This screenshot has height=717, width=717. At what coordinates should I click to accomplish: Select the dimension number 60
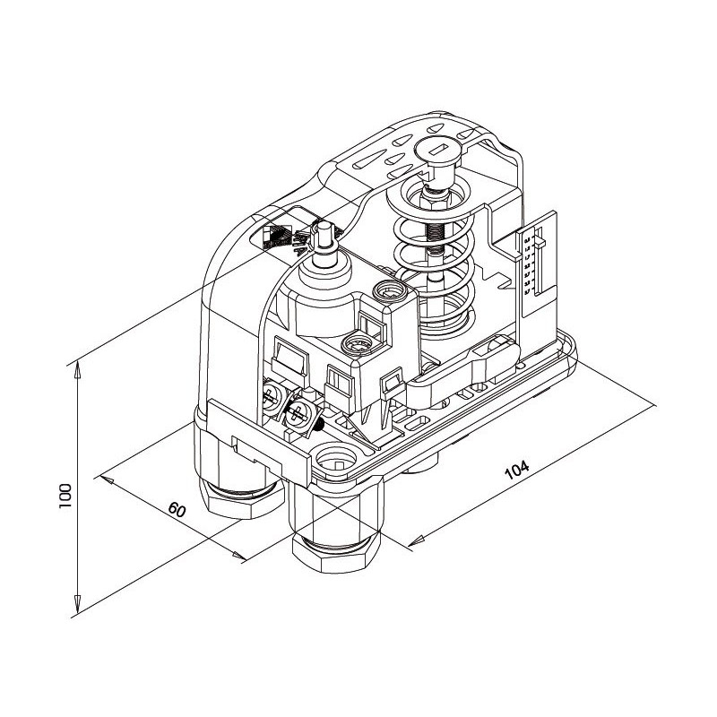point(177,510)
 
